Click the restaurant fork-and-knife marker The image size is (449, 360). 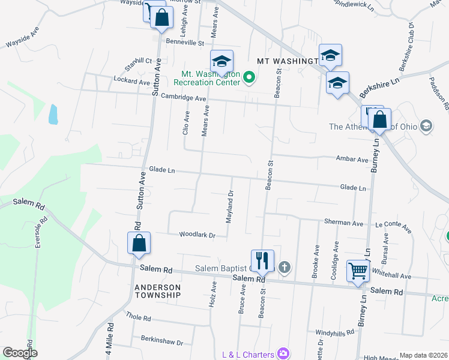[x=262, y=260]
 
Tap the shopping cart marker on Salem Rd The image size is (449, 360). [x=358, y=271]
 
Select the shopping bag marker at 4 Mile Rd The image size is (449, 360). [x=139, y=243]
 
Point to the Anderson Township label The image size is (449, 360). [x=157, y=290]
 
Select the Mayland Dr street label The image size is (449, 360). [x=229, y=206]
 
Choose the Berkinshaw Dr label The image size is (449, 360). [x=162, y=341]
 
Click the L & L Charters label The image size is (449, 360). [x=247, y=354]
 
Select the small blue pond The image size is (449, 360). [x=53, y=114]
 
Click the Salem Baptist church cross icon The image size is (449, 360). [x=284, y=268]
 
